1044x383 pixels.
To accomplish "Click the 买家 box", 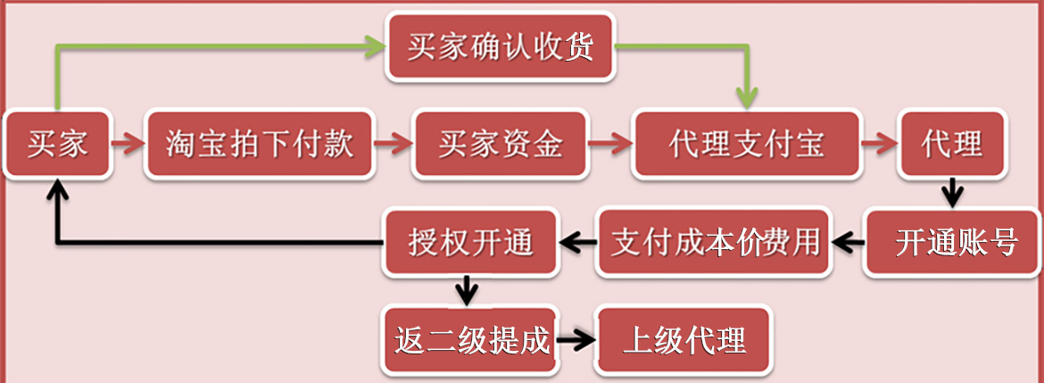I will [58, 144].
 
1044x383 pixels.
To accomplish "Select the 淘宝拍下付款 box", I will [260, 144].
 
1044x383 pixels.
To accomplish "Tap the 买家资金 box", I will [501, 144].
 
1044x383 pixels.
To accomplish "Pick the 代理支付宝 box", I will [746, 144].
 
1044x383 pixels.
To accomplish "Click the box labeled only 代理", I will [953, 144].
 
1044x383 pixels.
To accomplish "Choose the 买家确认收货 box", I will [501, 46].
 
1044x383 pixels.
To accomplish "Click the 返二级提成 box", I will [471, 339].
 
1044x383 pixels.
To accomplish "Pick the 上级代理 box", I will [684, 339].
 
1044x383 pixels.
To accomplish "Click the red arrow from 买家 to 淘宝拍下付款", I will [129, 144].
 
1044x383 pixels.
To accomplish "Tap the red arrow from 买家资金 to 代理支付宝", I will [610, 144].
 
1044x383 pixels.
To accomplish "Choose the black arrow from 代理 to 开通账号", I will [953, 191].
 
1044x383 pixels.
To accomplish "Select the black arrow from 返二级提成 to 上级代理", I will [576, 339].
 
